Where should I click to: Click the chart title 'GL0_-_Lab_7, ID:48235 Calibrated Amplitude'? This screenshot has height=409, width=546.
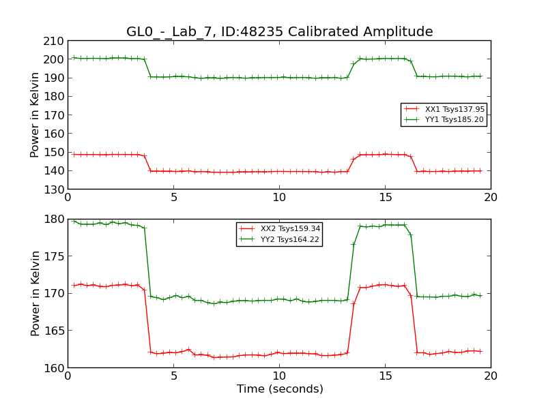[x=279, y=32]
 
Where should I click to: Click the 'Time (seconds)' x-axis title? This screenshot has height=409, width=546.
[x=280, y=389]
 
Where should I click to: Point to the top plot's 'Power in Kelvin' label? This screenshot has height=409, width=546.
[x=35, y=115]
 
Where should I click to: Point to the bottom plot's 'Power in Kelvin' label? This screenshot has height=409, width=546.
[x=35, y=293]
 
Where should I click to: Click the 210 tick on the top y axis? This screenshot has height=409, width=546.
[x=53, y=41]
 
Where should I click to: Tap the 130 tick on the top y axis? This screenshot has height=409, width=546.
[x=53, y=190]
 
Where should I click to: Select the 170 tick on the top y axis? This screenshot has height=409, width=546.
[x=53, y=115]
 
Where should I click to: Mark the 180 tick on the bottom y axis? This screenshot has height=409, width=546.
[x=53, y=219]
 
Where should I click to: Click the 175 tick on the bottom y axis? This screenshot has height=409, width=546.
[x=53, y=256]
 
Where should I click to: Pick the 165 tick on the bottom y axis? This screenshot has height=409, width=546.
[x=53, y=331]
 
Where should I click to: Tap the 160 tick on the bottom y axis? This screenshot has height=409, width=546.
[x=53, y=368]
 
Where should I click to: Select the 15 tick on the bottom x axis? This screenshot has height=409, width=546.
[x=385, y=376]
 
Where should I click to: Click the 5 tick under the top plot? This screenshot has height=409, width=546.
[x=173, y=198]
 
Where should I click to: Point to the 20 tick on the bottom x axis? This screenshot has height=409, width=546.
[x=491, y=376]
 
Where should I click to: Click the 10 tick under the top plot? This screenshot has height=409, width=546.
[x=279, y=198]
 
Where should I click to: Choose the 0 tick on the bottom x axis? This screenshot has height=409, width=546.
[x=68, y=376]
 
